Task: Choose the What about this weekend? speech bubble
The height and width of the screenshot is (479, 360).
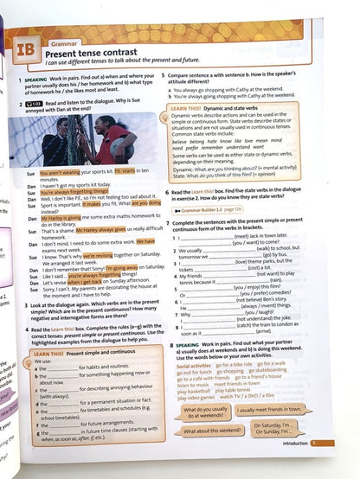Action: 211,430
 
